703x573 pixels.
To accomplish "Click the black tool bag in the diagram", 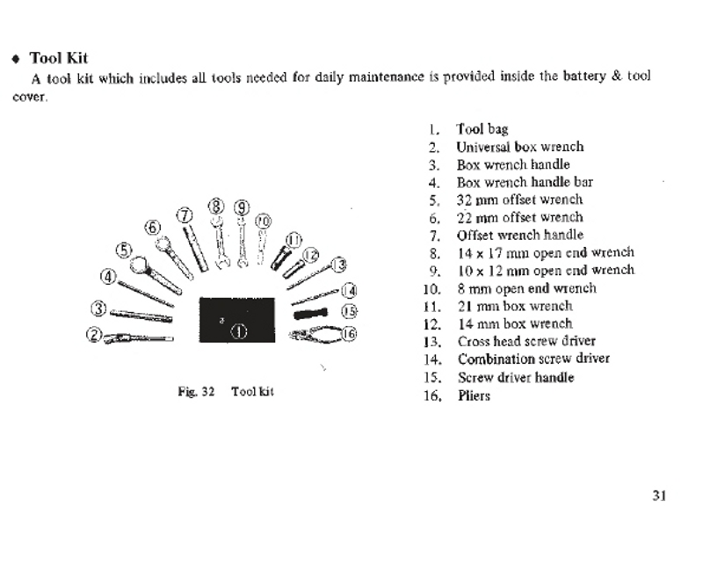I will coord(238,320).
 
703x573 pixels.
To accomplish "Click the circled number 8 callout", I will coord(216,207).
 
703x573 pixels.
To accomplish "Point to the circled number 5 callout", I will coord(124,249).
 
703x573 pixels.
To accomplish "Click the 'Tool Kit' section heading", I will coord(58,58).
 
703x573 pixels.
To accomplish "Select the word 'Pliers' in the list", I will coord(474,395).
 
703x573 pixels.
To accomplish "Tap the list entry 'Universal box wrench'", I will coord(519,147).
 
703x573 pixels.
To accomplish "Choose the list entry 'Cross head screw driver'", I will coord(525,341).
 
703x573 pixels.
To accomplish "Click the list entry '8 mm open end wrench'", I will coord(526,288).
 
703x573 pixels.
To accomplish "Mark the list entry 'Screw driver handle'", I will coord(515,377).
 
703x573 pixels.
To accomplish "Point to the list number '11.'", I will coord(431,307).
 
